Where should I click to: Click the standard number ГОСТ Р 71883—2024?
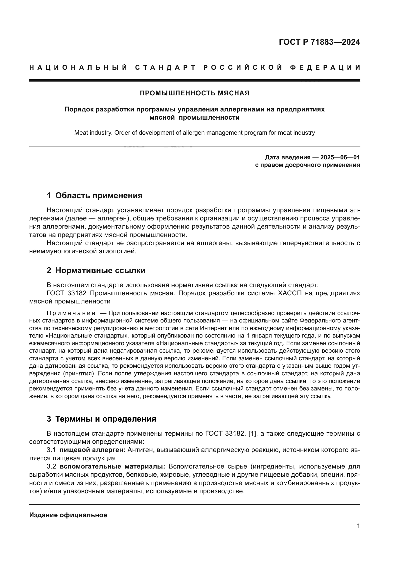tap(319, 42)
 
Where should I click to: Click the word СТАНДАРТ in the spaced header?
tap(165, 67)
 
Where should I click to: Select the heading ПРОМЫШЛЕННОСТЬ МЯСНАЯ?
tap(194, 93)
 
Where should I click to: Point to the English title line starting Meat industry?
tap(194, 133)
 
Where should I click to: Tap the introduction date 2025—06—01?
tap(340, 158)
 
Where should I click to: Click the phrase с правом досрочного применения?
tap(307, 165)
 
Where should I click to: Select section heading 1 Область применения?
tap(95, 196)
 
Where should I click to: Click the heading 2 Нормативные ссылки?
tap(96, 271)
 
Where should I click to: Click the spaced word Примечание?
tap(71, 313)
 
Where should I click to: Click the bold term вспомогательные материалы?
tap(112, 467)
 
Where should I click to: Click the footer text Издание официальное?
tap(68, 515)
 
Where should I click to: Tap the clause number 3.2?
tap(51, 467)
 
